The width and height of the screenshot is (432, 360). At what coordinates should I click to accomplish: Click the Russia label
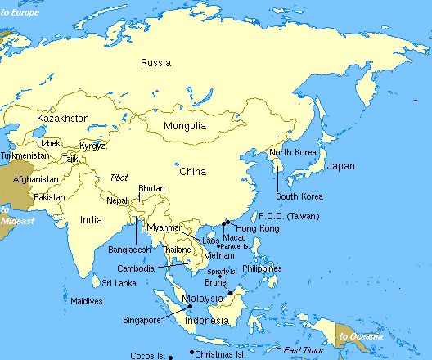click(x=155, y=63)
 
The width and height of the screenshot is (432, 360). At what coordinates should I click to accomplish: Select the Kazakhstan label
click(x=63, y=119)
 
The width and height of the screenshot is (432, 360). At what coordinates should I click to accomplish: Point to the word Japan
click(x=340, y=166)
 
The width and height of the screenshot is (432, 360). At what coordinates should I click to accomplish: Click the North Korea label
click(x=293, y=153)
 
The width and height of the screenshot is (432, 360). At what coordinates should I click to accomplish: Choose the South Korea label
click(x=299, y=196)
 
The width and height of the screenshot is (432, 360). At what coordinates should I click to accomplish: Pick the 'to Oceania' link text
click(x=360, y=336)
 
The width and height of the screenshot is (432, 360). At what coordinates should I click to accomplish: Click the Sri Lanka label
click(x=119, y=283)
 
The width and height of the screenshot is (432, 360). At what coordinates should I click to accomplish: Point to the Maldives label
click(x=87, y=301)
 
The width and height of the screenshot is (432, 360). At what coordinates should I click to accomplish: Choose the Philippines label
click(x=262, y=268)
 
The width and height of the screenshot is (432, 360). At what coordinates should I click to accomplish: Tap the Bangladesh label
click(x=129, y=249)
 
